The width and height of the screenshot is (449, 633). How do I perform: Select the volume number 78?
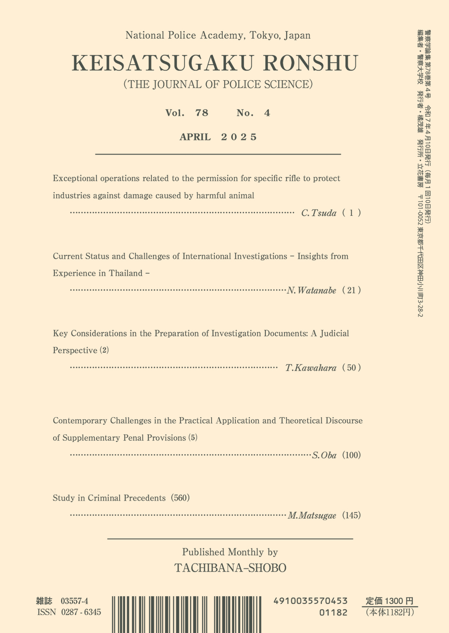tap(202, 113)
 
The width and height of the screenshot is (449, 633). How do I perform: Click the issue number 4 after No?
tap(267, 113)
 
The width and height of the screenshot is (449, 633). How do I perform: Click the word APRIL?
tap(195, 137)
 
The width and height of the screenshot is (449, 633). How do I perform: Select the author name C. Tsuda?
tap(318, 213)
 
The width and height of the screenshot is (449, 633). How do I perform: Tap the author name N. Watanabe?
tap(311, 291)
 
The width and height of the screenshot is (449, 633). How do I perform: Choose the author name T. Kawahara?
tap(311, 368)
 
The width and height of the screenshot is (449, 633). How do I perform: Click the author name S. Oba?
tap(324, 455)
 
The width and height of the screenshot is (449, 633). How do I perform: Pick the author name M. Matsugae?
tap(312, 516)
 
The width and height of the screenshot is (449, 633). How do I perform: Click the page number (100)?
tap(351, 455)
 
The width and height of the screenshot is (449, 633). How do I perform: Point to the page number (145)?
tap(351, 516)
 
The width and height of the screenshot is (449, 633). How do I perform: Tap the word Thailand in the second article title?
tap(126, 273)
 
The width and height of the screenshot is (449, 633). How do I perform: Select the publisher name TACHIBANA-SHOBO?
tap(230, 568)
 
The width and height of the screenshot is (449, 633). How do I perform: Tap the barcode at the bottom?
tap(187, 614)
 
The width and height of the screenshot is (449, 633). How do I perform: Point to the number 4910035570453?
tap(311, 601)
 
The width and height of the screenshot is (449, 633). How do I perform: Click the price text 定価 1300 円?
tap(390, 601)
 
